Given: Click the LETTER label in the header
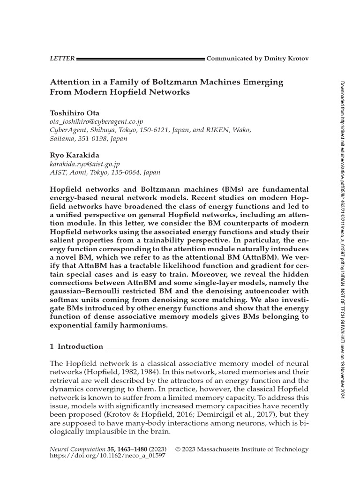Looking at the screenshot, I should click(x=61, y=59).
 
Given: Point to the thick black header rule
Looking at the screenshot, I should click(x=140, y=59).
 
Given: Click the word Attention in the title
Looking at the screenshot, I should click(x=71, y=82).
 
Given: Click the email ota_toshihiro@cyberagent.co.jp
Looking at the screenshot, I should click(x=96, y=121).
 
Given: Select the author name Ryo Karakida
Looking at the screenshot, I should click(x=71, y=155).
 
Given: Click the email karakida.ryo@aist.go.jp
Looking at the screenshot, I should click(x=84, y=164).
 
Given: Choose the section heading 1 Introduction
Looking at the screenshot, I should click(x=76, y=346).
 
